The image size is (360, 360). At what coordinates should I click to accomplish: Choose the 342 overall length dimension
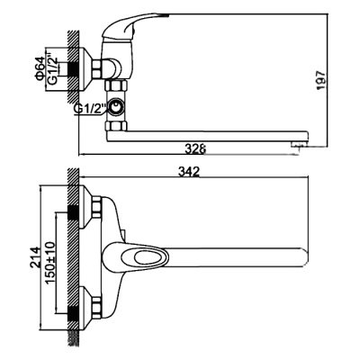(x=190, y=172)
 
